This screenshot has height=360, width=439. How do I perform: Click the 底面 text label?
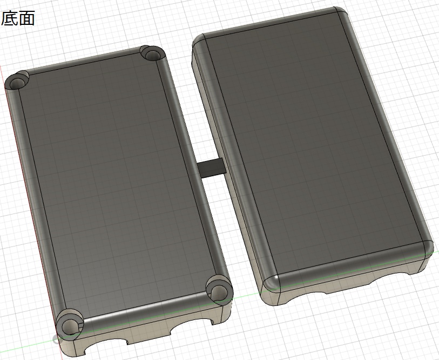coord(18,18)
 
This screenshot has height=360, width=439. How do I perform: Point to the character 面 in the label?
coord(26,18)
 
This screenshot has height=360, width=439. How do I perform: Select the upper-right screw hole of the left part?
coord(152,53)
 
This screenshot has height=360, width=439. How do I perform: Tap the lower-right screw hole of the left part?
coord(219,291)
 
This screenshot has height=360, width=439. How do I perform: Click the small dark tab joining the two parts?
coord(212,168)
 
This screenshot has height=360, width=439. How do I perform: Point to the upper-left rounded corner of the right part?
coord(199,42)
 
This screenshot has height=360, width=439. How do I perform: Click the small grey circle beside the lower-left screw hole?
coord(56,340)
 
